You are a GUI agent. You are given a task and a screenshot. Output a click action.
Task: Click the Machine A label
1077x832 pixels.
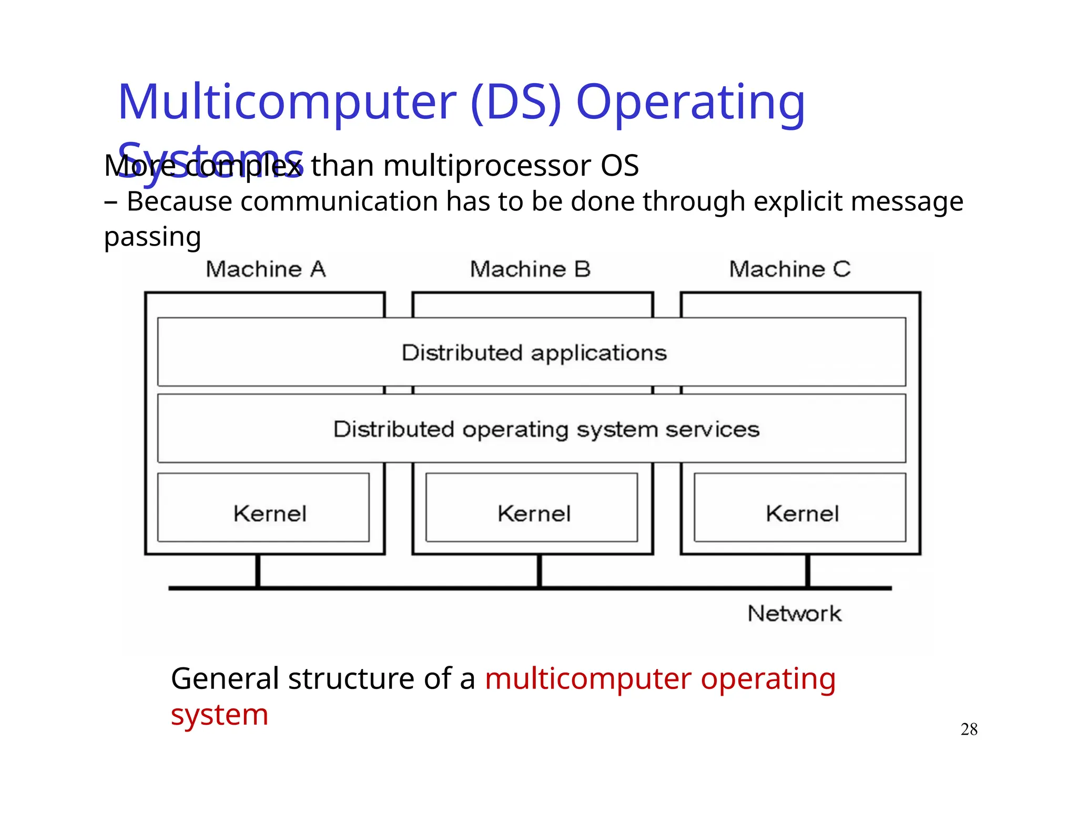[x=266, y=269]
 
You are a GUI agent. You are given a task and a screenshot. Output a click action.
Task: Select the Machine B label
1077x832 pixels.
[x=530, y=269]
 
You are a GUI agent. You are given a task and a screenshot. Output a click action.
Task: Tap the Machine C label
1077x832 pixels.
[x=789, y=269]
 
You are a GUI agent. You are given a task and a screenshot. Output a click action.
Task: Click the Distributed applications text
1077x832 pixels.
[x=534, y=353]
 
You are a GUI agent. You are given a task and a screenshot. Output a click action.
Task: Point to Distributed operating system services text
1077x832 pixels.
[x=546, y=430]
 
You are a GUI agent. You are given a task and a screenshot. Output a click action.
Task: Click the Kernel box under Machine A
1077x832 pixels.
[x=263, y=508]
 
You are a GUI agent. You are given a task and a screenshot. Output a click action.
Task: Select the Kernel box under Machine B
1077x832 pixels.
[x=532, y=508]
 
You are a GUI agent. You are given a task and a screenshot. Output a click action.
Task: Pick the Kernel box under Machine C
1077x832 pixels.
[x=800, y=508]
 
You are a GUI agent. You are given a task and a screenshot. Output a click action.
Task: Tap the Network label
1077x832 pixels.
[x=794, y=614]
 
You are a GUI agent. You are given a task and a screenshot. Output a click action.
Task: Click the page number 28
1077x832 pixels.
[x=969, y=729]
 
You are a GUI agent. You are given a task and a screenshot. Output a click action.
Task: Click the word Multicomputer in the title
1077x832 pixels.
[x=287, y=103]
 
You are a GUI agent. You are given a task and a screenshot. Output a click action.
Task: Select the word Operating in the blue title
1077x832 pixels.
[x=690, y=103]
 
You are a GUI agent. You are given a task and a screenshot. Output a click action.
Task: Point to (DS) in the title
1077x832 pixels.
[x=516, y=103]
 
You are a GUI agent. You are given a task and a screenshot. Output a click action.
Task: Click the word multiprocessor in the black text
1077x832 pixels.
[x=487, y=166]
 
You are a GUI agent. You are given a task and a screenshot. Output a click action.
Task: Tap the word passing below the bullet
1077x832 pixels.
[x=153, y=237]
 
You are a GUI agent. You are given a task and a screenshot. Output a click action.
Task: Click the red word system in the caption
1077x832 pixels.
[x=219, y=715]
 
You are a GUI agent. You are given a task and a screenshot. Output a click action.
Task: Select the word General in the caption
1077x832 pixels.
[x=225, y=679]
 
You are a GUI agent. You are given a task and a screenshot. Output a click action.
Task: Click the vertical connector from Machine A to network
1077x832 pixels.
[x=258, y=571]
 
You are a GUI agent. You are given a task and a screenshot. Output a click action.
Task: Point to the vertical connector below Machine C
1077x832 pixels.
[x=808, y=571]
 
